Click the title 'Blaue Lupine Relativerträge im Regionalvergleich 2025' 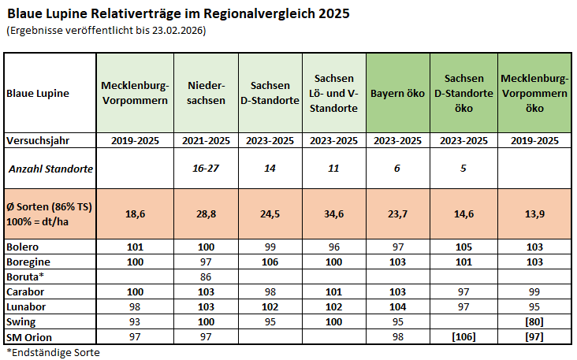pyautogui.click(x=178, y=13)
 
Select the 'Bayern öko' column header pyautogui.click(x=398, y=92)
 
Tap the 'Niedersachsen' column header pyautogui.click(x=207, y=92)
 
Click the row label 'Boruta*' pyautogui.click(x=25, y=277)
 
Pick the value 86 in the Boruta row pyautogui.click(x=207, y=277)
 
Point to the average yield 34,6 pyautogui.click(x=335, y=213)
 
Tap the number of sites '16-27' pyautogui.click(x=207, y=169)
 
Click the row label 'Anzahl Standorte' pyautogui.click(x=51, y=169)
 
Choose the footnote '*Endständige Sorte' pyautogui.click(x=53, y=351)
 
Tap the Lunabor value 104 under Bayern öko pyautogui.click(x=398, y=306)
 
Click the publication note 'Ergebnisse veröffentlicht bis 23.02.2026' pyautogui.click(x=106, y=30)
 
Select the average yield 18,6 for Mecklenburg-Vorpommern pyautogui.click(x=135, y=213)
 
